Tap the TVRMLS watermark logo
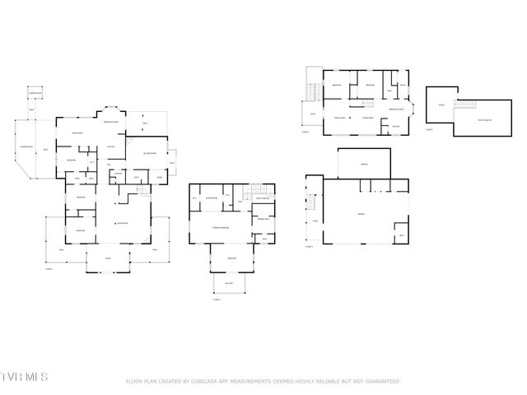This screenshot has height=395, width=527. coord(25,377)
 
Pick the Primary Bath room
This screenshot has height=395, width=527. coord(263,220)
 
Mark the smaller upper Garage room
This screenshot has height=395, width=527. coord(364,164)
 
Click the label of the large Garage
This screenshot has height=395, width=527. coord(361,214)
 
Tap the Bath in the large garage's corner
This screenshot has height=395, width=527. coord(401,235)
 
